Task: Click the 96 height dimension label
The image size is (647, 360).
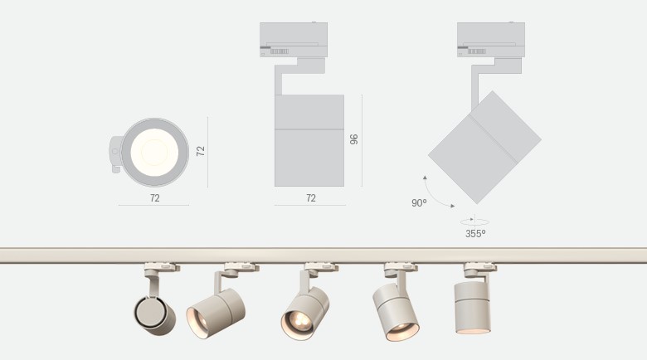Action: tap(353, 139)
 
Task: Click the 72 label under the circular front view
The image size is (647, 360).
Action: tap(155, 198)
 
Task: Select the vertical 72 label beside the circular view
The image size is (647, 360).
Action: tap(201, 151)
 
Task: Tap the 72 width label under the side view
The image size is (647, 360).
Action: tap(311, 198)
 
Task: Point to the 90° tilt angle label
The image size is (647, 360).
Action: tap(419, 203)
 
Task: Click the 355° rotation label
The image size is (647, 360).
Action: tap(475, 234)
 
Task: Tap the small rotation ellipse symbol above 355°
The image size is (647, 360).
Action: tap(474, 221)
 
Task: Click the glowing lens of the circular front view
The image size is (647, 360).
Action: tap(155, 153)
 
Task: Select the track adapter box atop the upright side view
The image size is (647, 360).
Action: tap(294, 40)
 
